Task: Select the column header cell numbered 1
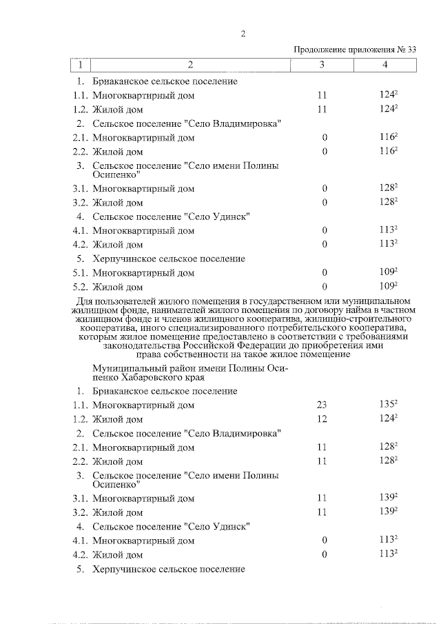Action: [x=81, y=64]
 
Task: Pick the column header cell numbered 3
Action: [x=322, y=64]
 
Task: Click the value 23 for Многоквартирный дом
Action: [x=322, y=405]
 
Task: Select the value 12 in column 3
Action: [x=322, y=419]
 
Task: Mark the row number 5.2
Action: [x=81, y=287]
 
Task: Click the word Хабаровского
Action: [x=155, y=377]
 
